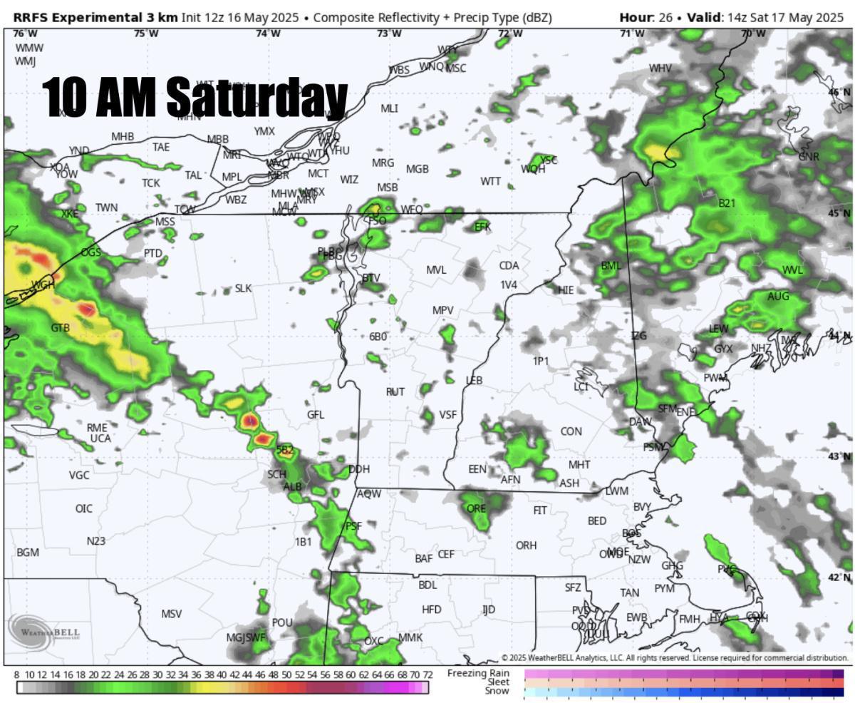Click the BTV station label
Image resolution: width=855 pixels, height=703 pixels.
[371, 278]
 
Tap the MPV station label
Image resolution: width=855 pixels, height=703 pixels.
[442, 310]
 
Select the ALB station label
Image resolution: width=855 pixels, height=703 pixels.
[293, 487]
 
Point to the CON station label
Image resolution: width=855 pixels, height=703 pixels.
[571, 431]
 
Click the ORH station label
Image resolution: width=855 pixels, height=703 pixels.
[526, 545]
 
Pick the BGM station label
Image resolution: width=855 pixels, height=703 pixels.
[28, 553]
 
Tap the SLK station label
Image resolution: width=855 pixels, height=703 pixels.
[243, 289]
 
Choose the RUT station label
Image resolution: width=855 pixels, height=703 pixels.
[395, 392]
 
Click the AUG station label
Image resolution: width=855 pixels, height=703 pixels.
[778, 297]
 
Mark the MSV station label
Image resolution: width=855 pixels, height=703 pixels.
[171, 614]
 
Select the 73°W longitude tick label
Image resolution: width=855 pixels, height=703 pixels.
[388, 34]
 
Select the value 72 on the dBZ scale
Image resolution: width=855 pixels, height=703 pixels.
[427, 675]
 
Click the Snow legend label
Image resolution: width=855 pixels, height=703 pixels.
[497, 691]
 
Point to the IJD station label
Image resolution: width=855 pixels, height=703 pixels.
[488, 610]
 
